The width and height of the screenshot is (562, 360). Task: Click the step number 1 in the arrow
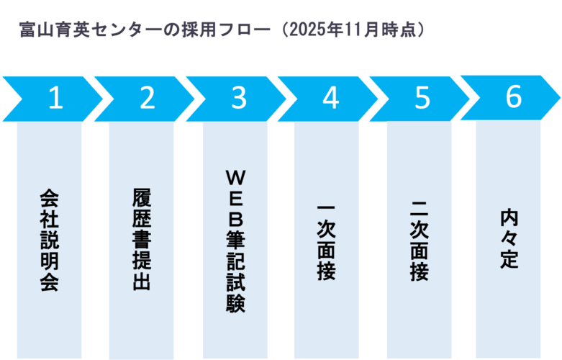click(x=55, y=99)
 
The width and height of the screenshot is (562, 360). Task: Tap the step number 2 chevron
click(x=147, y=99)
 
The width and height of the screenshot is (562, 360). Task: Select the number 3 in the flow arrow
click(x=239, y=99)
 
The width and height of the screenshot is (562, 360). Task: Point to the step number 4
click(x=330, y=99)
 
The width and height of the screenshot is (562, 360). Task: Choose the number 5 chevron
click(x=422, y=99)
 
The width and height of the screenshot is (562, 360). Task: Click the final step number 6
click(x=513, y=98)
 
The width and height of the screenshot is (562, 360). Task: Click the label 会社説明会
click(x=49, y=240)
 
